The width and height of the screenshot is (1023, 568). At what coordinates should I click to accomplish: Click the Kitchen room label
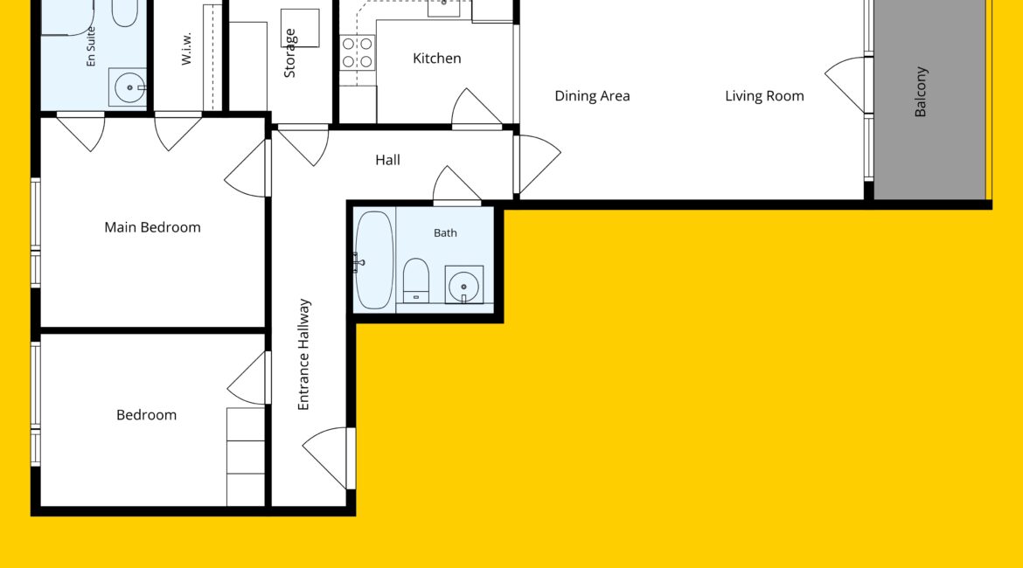point(436,59)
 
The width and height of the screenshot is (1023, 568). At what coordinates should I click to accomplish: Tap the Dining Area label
point(593,96)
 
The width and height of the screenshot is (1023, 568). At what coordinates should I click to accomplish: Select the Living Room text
point(765,96)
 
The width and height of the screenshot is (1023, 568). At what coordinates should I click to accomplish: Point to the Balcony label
point(921,92)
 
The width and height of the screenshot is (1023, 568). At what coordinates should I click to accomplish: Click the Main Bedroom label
point(153,227)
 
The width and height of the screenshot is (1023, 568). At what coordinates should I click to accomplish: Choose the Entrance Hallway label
point(303,355)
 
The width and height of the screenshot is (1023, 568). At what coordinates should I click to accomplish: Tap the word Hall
point(387,160)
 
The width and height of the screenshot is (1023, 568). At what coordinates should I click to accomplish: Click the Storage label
point(289,53)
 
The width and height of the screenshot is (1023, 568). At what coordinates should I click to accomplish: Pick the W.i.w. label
point(186,49)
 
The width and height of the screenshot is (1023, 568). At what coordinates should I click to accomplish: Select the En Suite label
point(91,46)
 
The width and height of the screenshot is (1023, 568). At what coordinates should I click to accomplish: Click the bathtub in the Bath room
point(374,260)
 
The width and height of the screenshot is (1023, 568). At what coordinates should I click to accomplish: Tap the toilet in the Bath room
point(415,281)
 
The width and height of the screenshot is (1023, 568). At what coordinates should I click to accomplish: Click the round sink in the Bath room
point(464,286)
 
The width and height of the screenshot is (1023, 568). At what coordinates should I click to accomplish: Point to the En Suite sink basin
point(129,87)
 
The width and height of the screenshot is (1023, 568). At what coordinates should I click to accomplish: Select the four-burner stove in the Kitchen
point(358,52)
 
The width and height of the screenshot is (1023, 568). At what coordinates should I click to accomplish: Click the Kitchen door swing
point(476,107)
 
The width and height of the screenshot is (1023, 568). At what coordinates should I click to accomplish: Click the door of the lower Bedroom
point(248,378)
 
